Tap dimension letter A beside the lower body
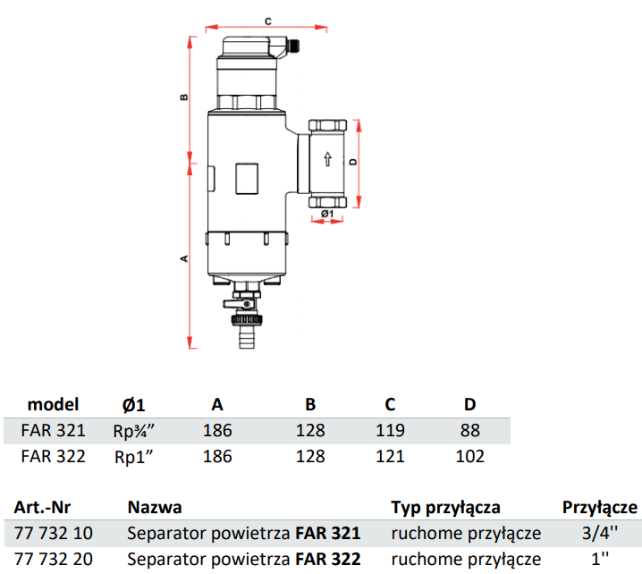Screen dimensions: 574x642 pyautogui.click(x=182, y=258)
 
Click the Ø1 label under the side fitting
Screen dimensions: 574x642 pyautogui.click(x=326, y=215)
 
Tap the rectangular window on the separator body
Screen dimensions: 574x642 pyautogui.click(x=248, y=178)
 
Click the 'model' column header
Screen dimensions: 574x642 pyautogui.click(x=53, y=404)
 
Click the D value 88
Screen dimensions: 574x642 pyautogui.click(x=469, y=430)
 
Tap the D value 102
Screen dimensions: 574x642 pyautogui.click(x=469, y=456)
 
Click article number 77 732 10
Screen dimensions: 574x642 pyautogui.click(x=53, y=534)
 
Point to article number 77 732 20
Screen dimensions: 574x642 pyautogui.click(x=53, y=560)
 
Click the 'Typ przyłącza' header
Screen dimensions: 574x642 pyautogui.click(x=445, y=508)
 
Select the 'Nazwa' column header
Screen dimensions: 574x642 pyautogui.click(x=155, y=508)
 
